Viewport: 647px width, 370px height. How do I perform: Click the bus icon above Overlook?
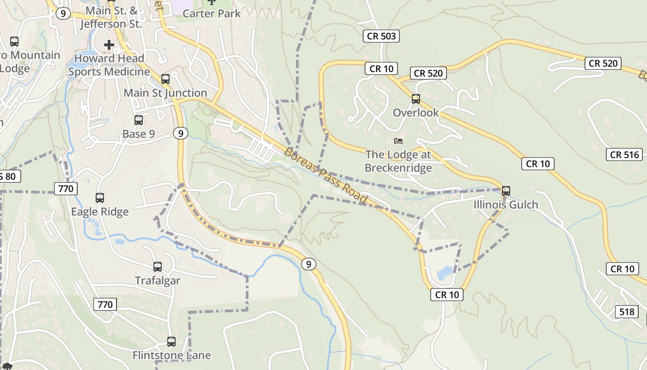click(416, 99)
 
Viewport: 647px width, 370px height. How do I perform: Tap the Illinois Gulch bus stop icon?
click(506, 191)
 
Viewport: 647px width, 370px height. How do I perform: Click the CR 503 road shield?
click(381, 36)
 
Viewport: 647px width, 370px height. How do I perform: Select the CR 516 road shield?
click(625, 154)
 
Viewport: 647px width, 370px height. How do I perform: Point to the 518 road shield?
click(627, 312)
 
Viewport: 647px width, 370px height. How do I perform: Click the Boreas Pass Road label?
click(325, 176)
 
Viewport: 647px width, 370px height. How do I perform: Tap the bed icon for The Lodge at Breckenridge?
click(398, 141)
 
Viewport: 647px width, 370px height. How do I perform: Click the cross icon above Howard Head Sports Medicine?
click(109, 45)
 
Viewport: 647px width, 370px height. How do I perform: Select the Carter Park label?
click(212, 13)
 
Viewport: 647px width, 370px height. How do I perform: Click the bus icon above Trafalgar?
click(158, 266)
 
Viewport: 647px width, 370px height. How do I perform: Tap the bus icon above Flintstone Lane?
click(171, 342)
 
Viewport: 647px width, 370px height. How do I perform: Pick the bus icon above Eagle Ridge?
click(100, 198)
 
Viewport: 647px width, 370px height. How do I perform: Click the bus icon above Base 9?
click(139, 120)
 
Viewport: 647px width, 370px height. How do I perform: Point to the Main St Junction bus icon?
click(165, 79)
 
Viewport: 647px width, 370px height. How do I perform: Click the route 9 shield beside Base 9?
click(181, 134)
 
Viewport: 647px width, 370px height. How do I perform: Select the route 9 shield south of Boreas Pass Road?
click(309, 264)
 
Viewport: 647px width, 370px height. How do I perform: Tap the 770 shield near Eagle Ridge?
click(66, 189)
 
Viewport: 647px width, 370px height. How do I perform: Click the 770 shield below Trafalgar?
click(105, 304)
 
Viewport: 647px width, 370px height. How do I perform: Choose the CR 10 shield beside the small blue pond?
click(447, 295)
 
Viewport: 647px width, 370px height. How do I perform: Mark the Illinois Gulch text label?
click(506, 204)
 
